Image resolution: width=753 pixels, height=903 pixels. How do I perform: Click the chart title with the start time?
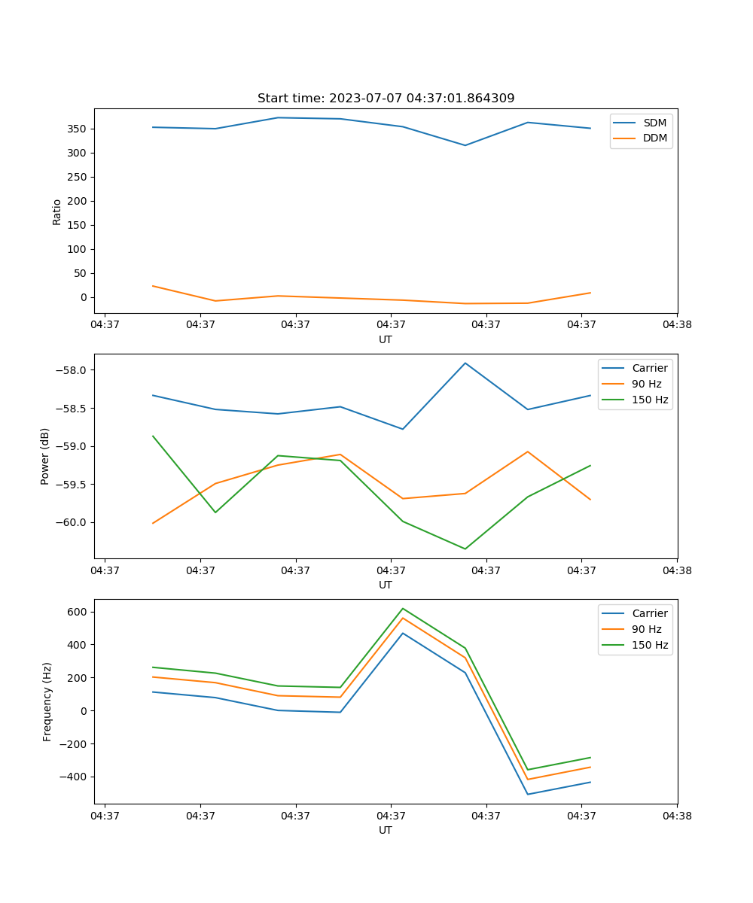[x=386, y=99]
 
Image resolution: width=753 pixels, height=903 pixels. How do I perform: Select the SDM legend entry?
[x=654, y=123]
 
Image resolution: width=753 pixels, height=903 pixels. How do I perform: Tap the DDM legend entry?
[x=654, y=138]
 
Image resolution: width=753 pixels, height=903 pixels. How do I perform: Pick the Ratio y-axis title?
[x=57, y=211]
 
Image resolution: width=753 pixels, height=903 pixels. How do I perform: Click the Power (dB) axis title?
[x=45, y=456]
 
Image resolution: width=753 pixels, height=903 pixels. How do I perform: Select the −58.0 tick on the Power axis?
[x=72, y=370]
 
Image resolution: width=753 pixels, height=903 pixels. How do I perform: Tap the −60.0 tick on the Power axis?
[x=72, y=522]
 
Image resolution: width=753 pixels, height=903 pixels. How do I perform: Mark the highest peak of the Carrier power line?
[x=465, y=363]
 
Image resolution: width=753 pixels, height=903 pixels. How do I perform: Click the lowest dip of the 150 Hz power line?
[x=465, y=549]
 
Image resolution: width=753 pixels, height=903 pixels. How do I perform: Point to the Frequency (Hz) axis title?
[x=47, y=701]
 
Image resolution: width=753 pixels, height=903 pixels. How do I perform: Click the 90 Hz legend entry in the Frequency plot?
[x=646, y=629]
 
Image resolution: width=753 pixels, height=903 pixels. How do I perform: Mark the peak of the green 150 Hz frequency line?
[x=403, y=608]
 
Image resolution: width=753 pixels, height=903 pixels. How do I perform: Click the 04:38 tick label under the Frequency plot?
[x=676, y=815]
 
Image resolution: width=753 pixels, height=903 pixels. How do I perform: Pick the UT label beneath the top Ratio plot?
[x=386, y=339]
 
